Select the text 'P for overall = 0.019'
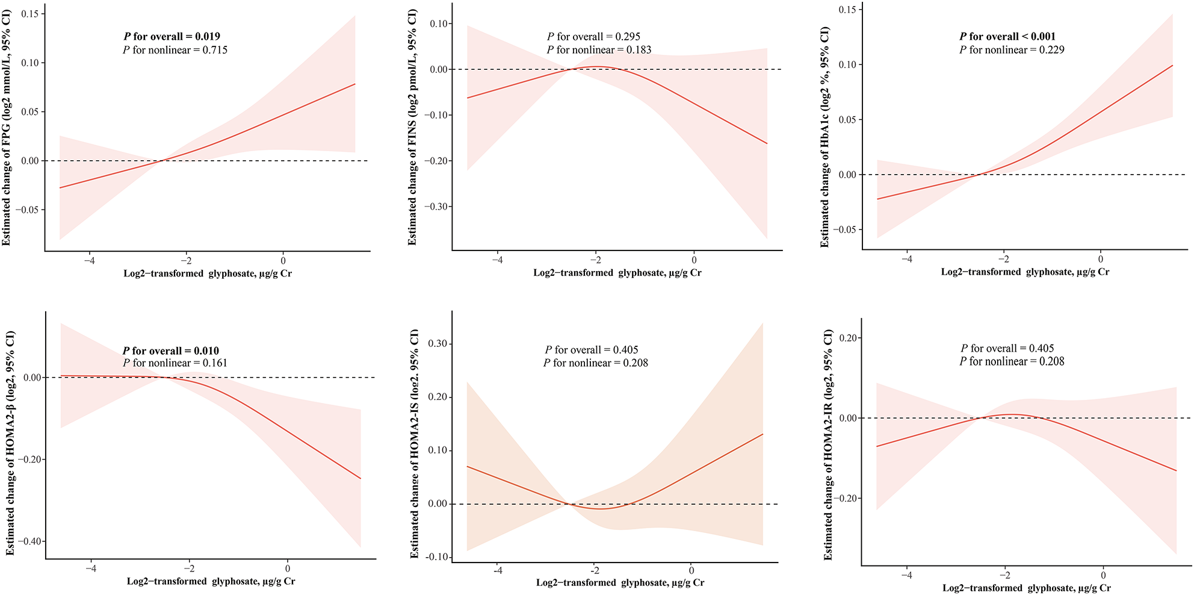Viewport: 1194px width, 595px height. tap(172, 37)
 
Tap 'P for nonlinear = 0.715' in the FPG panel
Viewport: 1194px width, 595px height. tap(175, 50)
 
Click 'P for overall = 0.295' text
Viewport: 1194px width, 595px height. tap(593, 37)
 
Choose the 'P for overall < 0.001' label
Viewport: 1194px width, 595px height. tap(1007, 37)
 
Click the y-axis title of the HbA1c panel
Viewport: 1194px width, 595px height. tap(825, 137)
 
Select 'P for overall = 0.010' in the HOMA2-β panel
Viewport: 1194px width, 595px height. tap(171, 350)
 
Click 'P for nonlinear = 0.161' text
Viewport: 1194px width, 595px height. tap(175, 363)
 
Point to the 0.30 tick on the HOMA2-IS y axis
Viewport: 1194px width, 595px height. tap(438, 344)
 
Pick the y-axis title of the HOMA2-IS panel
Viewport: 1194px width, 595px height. tap(415, 443)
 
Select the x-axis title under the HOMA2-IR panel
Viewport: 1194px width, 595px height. tap(1027, 588)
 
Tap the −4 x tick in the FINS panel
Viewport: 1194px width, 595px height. tap(497, 260)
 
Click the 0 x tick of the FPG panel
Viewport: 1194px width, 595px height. tap(283, 261)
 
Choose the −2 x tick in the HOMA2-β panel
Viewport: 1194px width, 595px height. tap(189, 569)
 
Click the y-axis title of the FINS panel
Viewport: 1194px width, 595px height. tap(413, 127)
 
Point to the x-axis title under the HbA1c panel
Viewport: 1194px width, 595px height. tap(1025, 272)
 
